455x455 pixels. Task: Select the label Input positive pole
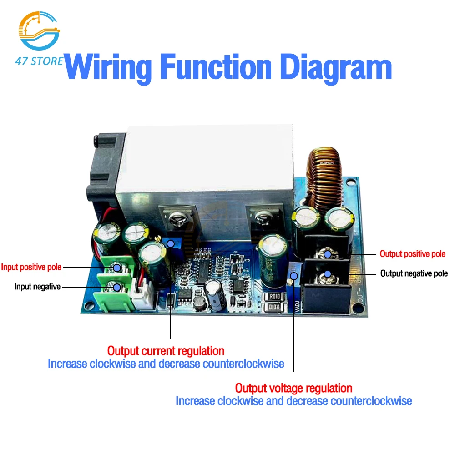[31, 267]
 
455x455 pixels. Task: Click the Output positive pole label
[413, 254]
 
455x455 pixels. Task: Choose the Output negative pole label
[414, 273]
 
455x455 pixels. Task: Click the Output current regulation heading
[166, 351]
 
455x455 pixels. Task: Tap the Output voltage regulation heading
[293, 388]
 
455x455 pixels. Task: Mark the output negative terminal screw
[327, 274]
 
